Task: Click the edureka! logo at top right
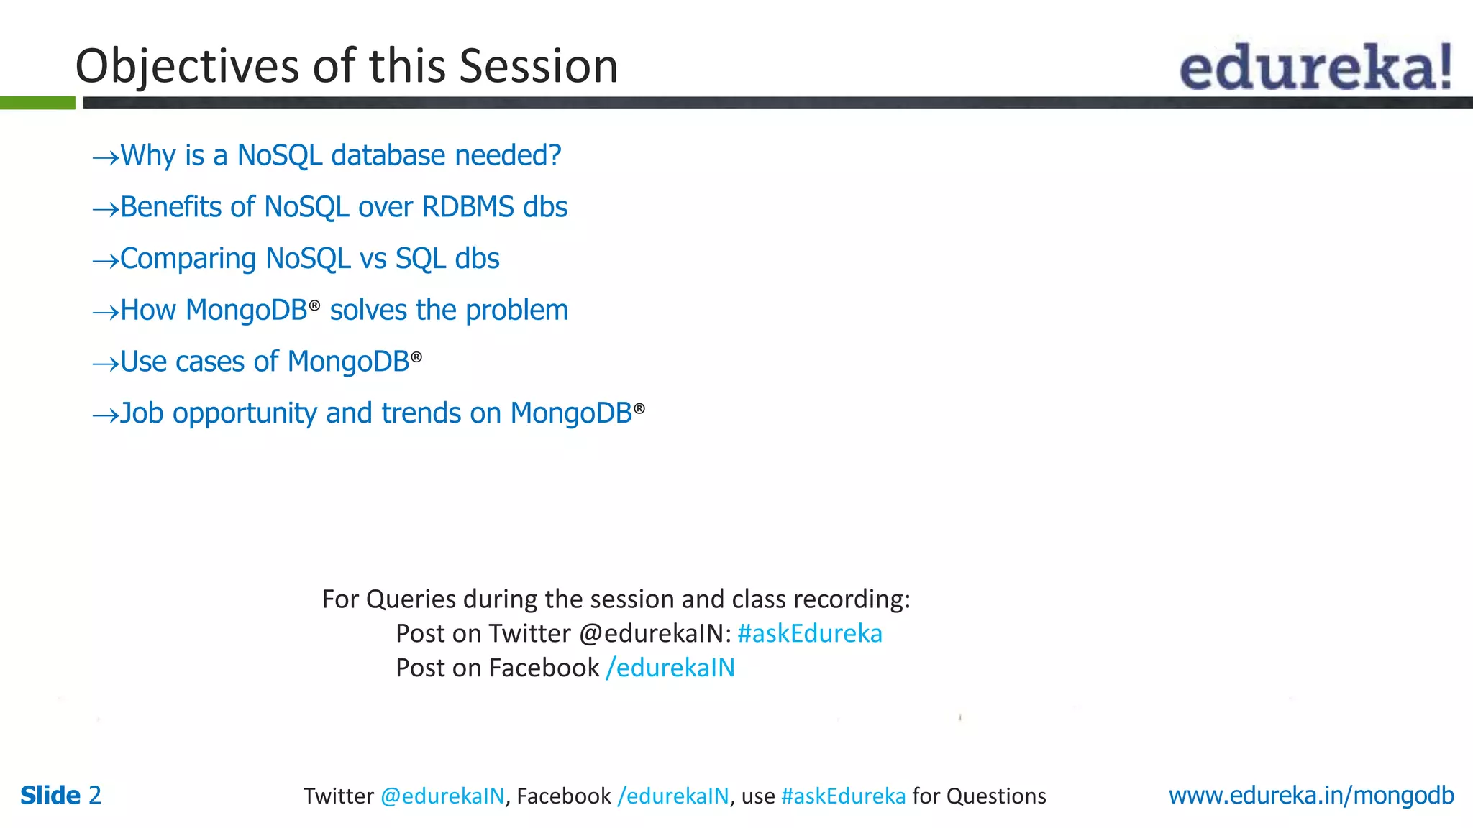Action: coord(1315,66)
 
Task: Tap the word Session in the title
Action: coord(538,66)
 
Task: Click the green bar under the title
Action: coord(37,103)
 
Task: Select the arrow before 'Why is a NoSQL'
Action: coord(105,157)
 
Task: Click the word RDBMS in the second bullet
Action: coord(468,207)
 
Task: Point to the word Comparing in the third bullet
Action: coord(188,259)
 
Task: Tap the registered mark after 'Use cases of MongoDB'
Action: coord(416,356)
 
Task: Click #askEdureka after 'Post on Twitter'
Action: coord(809,633)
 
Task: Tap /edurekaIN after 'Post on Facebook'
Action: coord(670,668)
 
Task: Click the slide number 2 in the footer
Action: coord(94,796)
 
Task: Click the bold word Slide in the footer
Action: coord(50,796)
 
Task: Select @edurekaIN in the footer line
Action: coord(442,796)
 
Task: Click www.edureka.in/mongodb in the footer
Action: coord(1310,796)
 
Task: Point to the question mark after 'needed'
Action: coord(554,155)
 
